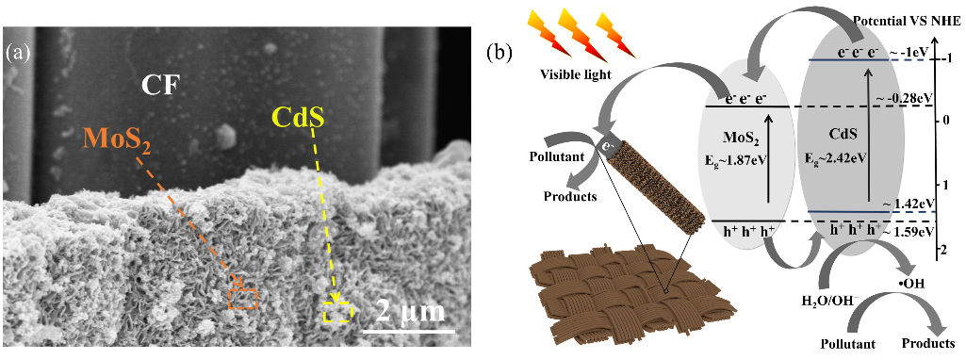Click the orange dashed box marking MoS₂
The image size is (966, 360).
(243, 299)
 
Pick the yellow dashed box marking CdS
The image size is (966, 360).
(337, 313)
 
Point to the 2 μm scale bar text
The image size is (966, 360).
(410, 312)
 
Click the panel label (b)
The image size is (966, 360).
(499, 52)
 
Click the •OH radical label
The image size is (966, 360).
(911, 283)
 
